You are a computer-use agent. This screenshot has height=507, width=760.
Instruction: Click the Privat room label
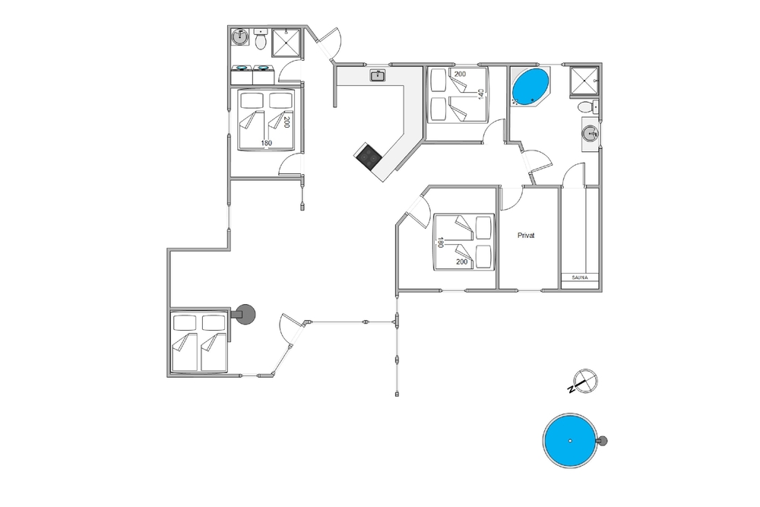point(526,236)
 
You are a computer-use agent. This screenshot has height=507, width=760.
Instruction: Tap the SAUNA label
point(580,277)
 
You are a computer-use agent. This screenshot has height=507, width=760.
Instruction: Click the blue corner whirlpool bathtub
point(530,87)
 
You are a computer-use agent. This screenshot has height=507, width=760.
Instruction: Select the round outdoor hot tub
point(570,441)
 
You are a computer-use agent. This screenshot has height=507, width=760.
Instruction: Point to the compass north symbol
point(584,382)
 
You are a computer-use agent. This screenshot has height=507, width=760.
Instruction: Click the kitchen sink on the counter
point(378,75)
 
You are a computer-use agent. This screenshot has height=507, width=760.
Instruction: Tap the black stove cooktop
point(369,156)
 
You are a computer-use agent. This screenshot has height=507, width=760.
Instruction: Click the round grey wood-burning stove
point(244,315)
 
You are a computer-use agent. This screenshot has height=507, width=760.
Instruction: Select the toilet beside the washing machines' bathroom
point(260,40)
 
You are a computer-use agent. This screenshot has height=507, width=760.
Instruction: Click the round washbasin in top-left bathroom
point(239,36)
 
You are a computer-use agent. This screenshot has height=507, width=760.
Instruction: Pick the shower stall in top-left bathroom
point(286,43)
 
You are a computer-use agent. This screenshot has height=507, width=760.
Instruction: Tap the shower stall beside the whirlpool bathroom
point(584,81)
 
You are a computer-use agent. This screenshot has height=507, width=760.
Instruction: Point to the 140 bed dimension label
point(481,94)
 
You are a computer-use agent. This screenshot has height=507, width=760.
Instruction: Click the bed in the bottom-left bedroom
point(199,343)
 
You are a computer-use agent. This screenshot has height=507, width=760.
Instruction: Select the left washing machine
point(242,75)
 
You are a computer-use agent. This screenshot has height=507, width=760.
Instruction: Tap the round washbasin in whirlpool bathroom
point(590,133)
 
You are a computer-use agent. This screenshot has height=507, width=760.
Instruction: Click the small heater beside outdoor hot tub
point(603,441)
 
